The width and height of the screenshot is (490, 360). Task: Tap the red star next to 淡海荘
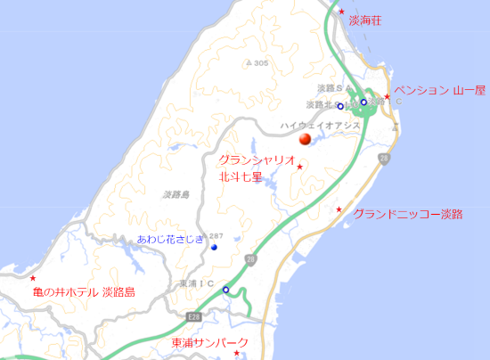click(x=341, y=12)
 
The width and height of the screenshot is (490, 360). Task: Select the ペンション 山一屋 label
click(x=439, y=90)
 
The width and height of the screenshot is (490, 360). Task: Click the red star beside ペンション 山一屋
click(x=387, y=96)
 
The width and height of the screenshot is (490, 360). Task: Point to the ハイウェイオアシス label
click(x=320, y=126)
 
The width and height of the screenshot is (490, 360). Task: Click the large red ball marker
click(x=305, y=139)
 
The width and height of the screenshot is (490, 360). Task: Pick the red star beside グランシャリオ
click(x=300, y=167)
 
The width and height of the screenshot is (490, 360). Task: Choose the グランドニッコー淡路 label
click(x=408, y=214)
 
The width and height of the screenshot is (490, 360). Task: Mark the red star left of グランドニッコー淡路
click(x=339, y=209)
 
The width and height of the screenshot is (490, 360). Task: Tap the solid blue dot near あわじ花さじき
click(x=215, y=247)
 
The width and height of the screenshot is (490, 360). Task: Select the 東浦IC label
click(x=197, y=283)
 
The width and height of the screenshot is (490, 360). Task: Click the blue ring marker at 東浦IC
click(x=225, y=290)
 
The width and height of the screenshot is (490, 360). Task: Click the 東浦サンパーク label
click(x=210, y=342)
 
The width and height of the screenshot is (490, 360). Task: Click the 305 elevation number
click(x=260, y=63)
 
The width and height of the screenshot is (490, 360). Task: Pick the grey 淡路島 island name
click(x=177, y=193)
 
